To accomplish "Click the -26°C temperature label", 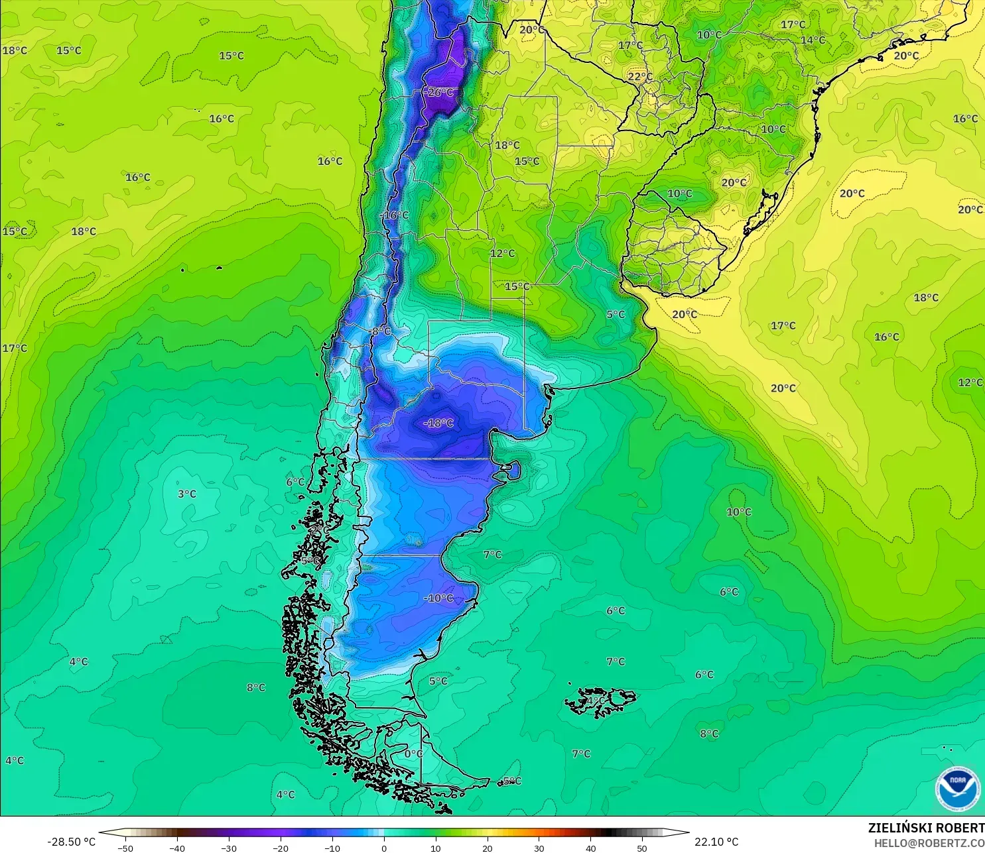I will coord(439,93).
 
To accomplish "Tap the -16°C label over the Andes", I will coord(395,215).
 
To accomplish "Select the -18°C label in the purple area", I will coord(438,423).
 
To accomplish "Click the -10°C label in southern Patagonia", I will coord(438,598).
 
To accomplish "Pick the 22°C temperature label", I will coord(640,76).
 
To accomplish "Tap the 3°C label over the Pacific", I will coord(187,494).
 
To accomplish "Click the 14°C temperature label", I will coord(813,40).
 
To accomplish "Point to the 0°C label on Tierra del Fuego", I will coord(413,754).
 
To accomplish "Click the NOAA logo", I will coord(957,789).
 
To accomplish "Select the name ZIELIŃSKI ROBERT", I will coord(926,828).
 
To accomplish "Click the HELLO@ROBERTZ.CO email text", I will coord(929,843).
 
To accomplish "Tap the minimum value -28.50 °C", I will coord(72,842).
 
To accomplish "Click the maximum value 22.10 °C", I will coord(716,842).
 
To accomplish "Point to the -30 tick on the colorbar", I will coord(229,848).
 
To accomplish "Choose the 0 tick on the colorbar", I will coord(384,848).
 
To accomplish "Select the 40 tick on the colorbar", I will coord(590,848).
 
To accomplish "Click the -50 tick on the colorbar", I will coord(125,848).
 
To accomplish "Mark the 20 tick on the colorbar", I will coord(488,848).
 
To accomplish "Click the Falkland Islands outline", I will coord(600,701).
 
